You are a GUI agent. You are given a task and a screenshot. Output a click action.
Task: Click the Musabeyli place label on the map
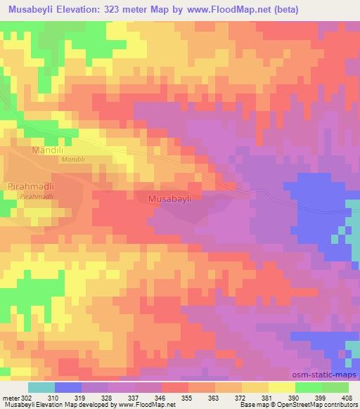coord(175,200)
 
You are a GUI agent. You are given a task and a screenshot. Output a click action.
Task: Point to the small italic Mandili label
coord(72,160)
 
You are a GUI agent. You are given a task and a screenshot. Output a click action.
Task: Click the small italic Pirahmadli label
coord(37,197)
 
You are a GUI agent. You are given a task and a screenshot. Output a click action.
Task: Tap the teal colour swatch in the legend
coord(41,387)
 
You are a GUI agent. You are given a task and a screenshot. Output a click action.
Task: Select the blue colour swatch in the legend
coord(68,387)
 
